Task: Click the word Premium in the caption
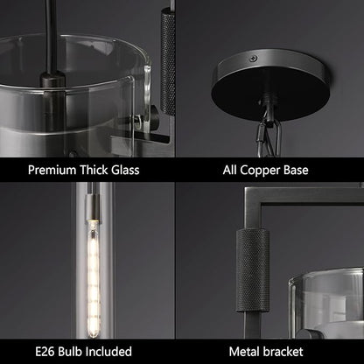52,170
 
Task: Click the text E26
45,352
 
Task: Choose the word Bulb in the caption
71,352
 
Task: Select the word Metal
245,352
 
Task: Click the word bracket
283,352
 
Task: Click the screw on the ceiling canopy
253,59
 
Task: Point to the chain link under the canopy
269,137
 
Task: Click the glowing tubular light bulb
94,278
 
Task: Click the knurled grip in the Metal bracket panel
252,270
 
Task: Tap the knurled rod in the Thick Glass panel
168,62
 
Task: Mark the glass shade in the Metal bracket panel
326,304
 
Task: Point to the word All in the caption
229,170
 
